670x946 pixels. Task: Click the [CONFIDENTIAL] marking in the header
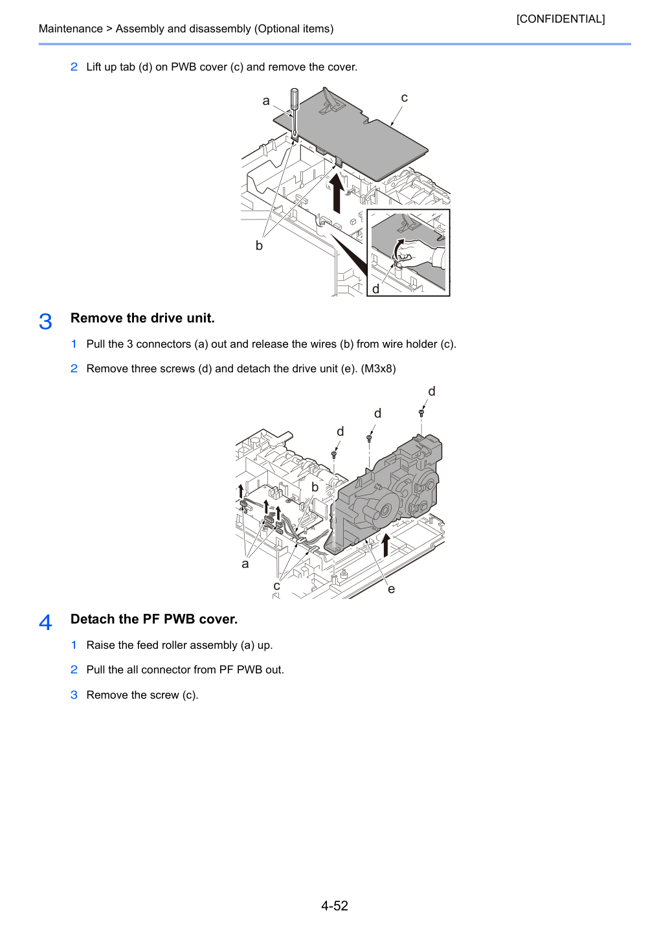(x=560, y=19)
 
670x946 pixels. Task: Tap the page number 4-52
(x=335, y=906)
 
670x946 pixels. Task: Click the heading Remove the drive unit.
(x=142, y=318)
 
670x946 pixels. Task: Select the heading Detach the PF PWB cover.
(x=154, y=619)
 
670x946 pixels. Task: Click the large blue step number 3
(x=45, y=321)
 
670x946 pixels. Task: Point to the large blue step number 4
(x=45, y=622)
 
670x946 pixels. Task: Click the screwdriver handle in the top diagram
(x=295, y=98)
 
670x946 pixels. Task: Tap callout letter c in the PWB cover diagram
(x=404, y=98)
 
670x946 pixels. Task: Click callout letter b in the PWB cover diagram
(x=259, y=245)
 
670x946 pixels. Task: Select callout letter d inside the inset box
(x=375, y=289)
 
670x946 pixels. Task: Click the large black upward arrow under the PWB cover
(x=337, y=194)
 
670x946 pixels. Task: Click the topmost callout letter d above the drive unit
(x=432, y=392)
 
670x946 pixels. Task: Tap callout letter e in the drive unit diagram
(x=392, y=589)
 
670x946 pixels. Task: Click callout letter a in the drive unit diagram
(x=245, y=564)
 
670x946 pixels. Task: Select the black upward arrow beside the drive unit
(x=385, y=545)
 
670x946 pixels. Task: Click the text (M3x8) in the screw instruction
(x=378, y=368)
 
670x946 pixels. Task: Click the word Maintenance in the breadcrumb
(x=71, y=28)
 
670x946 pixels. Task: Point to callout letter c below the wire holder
(x=276, y=586)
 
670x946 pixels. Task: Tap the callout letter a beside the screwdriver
(x=266, y=101)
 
